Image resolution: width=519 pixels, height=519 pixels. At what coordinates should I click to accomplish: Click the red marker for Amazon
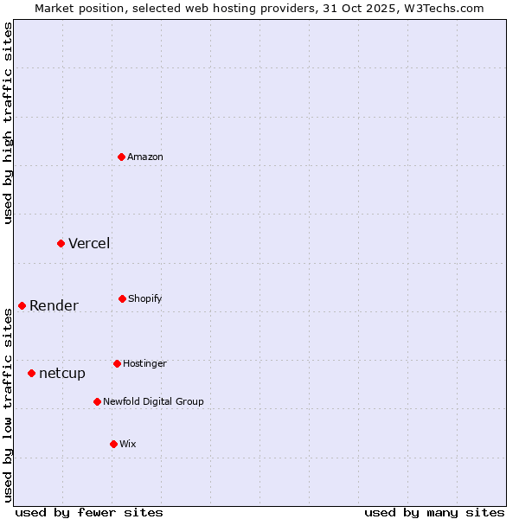click(x=122, y=157)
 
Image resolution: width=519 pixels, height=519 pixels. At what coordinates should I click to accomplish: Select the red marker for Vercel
click(x=61, y=243)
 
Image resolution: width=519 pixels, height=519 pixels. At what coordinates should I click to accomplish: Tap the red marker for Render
click(x=22, y=305)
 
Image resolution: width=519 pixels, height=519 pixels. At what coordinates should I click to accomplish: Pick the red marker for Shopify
click(x=122, y=298)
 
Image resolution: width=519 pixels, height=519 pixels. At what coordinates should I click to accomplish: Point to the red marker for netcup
click(x=31, y=373)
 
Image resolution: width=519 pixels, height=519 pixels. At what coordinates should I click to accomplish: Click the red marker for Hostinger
click(x=117, y=363)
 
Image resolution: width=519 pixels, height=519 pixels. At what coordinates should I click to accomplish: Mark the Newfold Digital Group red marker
click(x=97, y=401)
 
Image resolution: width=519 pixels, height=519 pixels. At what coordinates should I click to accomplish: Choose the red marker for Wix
click(x=113, y=444)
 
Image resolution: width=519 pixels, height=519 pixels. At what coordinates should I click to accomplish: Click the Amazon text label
click(x=145, y=157)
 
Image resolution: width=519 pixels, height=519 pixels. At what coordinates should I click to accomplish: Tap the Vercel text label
click(x=89, y=243)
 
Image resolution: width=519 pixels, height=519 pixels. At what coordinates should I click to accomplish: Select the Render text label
click(x=54, y=305)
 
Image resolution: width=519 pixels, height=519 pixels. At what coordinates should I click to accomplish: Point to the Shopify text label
click(x=145, y=298)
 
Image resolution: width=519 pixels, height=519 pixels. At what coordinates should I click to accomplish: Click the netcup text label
click(x=62, y=373)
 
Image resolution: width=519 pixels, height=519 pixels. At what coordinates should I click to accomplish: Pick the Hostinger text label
click(x=144, y=363)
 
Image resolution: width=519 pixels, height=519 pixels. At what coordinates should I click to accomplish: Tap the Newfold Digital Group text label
click(x=154, y=401)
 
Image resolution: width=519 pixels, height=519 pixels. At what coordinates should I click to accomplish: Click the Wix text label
click(x=128, y=444)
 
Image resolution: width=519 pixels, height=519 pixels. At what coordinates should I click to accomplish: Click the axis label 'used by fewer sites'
click(x=89, y=512)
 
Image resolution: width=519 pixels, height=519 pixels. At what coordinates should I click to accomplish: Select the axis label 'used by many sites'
click(x=434, y=512)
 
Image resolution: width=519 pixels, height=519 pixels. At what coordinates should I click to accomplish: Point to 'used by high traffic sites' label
click(x=8, y=123)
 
